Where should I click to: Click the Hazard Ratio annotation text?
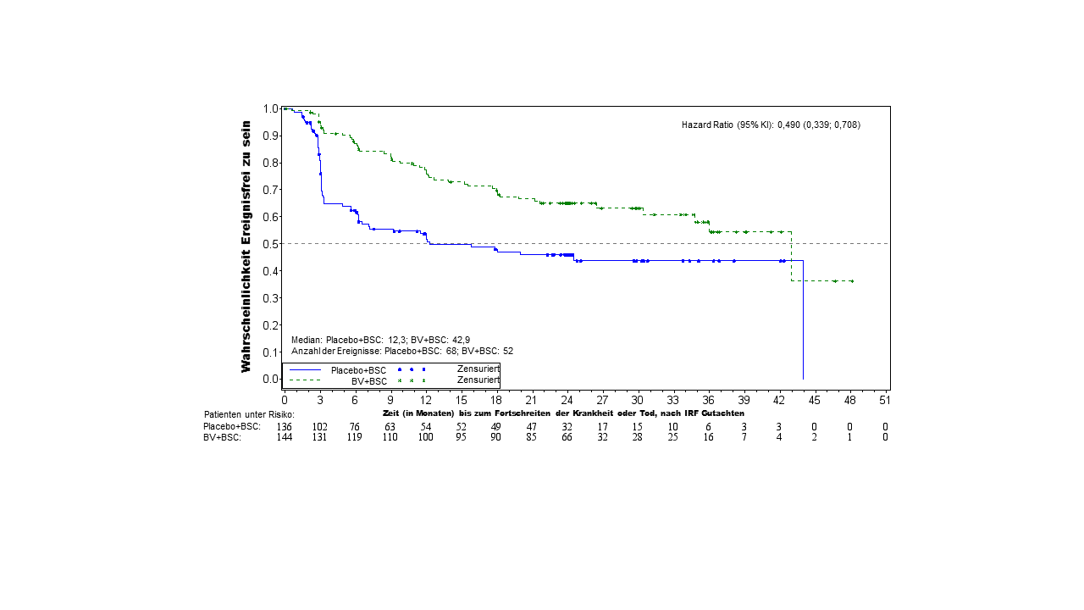click(771, 125)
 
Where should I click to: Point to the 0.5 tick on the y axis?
click(271, 244)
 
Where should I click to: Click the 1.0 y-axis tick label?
click(271, 108)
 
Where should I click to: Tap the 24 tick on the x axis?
click(567, 399)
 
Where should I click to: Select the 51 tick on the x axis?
click(884, 399)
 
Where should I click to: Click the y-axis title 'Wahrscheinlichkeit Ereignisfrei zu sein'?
click(246, 246)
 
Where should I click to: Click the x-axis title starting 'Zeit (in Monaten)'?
click(563, 413)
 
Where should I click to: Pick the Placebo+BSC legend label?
click(358, 370)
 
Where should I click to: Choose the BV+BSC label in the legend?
click(369, 381)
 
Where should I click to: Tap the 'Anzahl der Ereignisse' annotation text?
click(402, 351)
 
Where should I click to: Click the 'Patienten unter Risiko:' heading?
click(249, 414)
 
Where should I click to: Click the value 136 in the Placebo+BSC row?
click(285, 426)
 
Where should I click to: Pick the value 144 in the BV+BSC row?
click(285, 437)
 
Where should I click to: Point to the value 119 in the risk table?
click(355, 437)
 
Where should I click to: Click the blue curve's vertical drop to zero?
click(803, 322)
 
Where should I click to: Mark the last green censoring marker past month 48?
click(851, 281)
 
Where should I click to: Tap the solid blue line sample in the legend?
click(306, 370)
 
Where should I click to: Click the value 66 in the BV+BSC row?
click(567, 437)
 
